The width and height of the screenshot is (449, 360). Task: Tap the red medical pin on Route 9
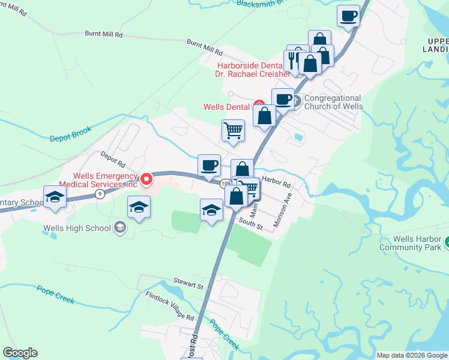[146, 178]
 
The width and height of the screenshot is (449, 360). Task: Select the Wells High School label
[77, 228]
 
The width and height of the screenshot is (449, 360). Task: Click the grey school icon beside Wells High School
[120, 227]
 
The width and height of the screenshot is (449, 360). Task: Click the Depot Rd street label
[112, 160]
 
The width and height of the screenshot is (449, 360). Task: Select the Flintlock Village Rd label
[170, 305]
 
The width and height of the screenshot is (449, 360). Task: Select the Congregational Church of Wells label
[333, 102]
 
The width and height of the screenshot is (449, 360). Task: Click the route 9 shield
[100, 194]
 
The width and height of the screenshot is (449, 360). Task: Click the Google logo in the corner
[20, 353]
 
